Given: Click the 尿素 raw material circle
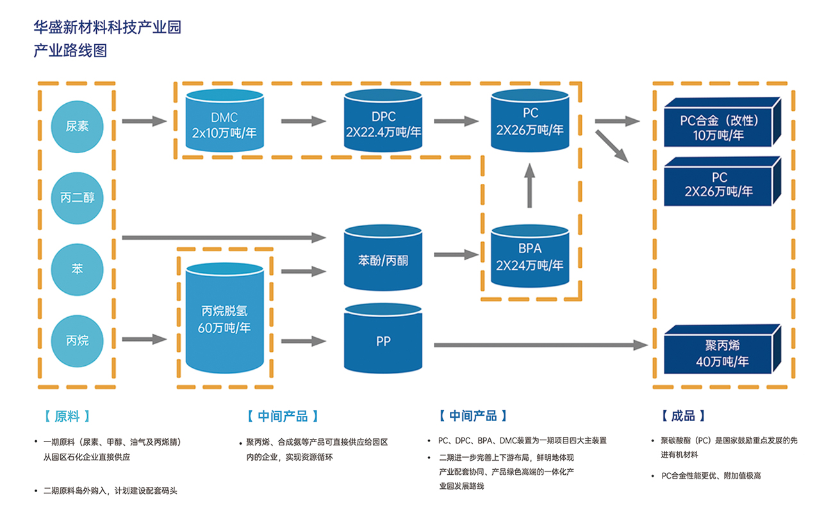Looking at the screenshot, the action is click(77, 126).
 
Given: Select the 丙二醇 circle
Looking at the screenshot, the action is click(77, 198).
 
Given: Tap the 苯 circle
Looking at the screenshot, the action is click(77, 269).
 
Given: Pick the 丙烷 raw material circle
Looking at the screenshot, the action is click(77, 341).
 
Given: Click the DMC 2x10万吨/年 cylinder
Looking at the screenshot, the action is click(225, 120).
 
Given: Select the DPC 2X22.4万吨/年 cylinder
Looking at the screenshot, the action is click(383, 120).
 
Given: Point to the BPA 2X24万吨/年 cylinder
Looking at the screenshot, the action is click(530, 256).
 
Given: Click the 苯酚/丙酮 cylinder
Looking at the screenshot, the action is click(383, 258).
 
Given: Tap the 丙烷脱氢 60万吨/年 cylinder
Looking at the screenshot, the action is click(225, 318).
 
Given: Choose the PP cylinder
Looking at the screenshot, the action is click(383, 338).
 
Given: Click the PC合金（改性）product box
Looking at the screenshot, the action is click(722, 122).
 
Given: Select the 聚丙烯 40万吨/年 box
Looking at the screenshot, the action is click(722, 349).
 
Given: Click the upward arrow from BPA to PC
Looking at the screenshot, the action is click(529, 186).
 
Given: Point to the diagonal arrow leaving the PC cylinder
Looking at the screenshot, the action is click(612, 146).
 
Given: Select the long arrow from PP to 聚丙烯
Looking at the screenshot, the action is click(541, 345).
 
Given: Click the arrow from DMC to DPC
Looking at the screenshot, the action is click(304, 121).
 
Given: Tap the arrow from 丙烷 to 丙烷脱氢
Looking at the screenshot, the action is click(144, 339).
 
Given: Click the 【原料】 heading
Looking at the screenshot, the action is click(67, 416).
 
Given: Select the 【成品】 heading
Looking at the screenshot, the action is click(683, 416).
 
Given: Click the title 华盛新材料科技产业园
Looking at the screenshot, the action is click(108, 27).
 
